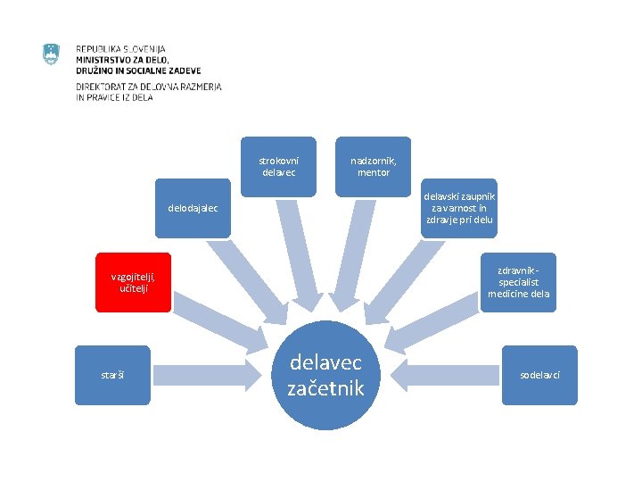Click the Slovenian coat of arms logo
[x=51, y=54]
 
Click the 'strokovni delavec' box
[x=278, y=166]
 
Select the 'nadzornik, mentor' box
[x=374, y=166]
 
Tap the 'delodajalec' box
[x=193, y=208]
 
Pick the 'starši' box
[x=112, y=375]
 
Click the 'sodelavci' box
[x=539, y=375]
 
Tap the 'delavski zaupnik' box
[x=460, y=208]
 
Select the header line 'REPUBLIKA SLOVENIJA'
[x=120, y=49]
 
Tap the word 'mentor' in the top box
[x=374, y=172]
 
